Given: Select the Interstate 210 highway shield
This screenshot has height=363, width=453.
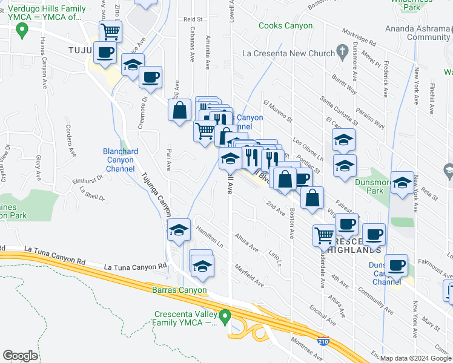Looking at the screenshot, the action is point(324,342).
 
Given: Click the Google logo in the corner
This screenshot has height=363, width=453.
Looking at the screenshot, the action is point(20,355).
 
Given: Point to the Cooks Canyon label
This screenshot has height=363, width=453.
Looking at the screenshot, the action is point(285,26).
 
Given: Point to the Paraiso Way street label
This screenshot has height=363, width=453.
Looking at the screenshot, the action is point(371,116).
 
